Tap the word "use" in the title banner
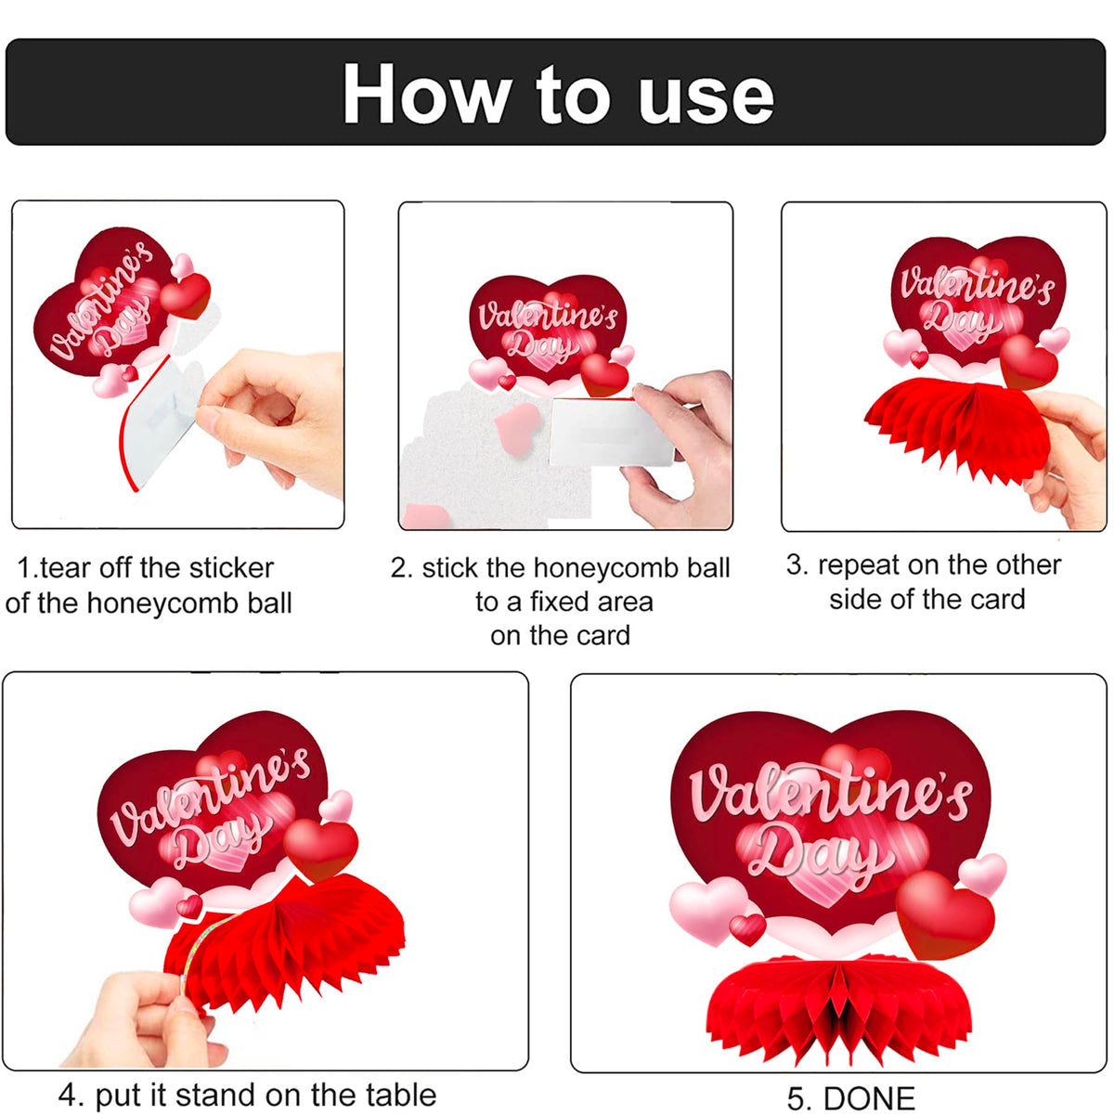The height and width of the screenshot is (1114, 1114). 706,98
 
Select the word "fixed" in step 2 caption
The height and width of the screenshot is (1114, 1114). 557,602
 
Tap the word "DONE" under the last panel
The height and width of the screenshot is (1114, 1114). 869,1098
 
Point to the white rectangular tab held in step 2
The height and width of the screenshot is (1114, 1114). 612,432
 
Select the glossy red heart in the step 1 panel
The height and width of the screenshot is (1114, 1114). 185,296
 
